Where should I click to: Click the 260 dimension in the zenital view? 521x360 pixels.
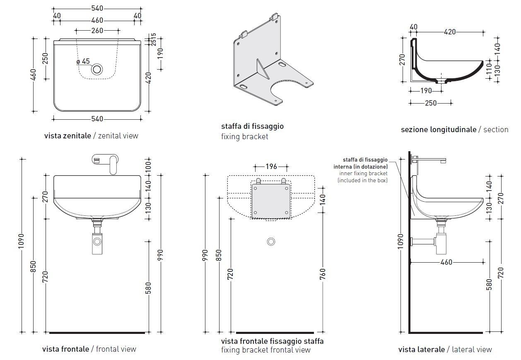(97, 30)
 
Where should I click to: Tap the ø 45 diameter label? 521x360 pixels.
(83, 61)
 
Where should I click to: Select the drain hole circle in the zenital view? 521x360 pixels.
(97, 69)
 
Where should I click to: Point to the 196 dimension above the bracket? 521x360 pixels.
(271, 167)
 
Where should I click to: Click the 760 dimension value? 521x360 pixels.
(323, 274)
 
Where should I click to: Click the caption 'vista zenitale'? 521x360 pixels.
(67, 135)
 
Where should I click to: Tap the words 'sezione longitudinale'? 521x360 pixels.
(438, 130)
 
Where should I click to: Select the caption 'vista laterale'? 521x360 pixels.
(421, 350)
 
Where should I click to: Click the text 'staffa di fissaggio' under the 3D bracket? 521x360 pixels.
(252, 126)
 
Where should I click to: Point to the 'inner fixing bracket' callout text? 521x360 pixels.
(363, 173)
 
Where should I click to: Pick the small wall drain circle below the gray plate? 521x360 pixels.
(271, 242)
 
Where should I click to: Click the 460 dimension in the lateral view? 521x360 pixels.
(446, 262)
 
